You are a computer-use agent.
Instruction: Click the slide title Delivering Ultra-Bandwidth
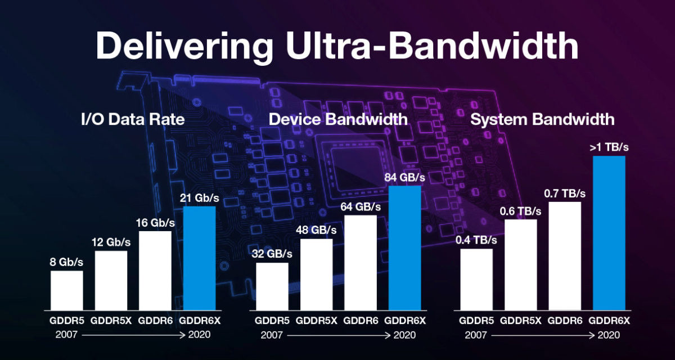337,47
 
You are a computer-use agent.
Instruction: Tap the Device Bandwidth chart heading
338,119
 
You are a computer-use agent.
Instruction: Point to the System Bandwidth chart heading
542,119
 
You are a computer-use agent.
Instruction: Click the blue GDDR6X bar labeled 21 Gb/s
200,258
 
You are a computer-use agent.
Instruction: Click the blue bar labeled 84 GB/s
405,247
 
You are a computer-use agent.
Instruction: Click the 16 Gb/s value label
156,223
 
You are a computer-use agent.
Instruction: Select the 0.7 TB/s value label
565,193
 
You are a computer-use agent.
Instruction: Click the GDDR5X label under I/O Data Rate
111,322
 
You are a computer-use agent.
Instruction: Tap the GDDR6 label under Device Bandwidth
360,322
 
